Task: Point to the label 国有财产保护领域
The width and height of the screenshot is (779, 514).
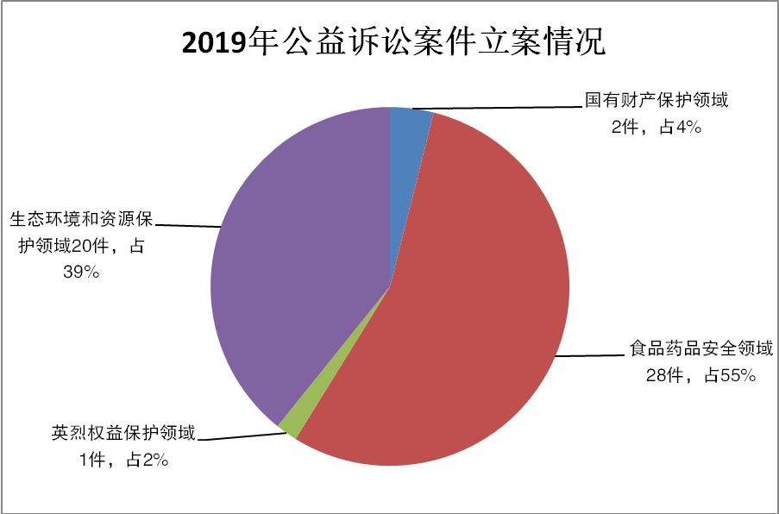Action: (657, 100)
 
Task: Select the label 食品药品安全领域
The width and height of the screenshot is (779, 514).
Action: (700, 349)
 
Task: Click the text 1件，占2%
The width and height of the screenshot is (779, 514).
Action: (123, 461)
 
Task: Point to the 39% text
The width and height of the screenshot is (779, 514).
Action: (82, 273)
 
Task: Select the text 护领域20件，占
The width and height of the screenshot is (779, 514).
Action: (82, 246)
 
